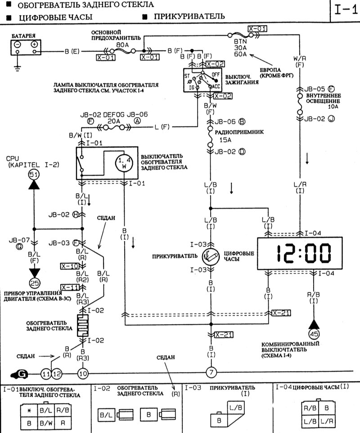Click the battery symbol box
coord(26,47)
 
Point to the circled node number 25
coord(34,283)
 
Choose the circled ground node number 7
coord(211,372)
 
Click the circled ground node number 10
coord(83,373)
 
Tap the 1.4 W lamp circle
coord(124,163)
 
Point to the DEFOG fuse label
coord(111,114)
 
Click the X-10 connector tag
coord(70,266)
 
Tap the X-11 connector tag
coord(70,287)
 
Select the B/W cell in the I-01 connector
coord(46,423)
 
